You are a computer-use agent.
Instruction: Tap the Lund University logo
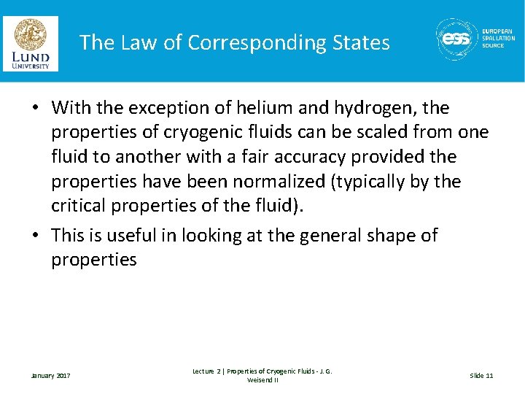tap(31, 43)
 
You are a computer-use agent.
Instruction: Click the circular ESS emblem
tap(457, 39)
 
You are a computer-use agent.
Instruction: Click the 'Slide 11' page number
tap(481, 376)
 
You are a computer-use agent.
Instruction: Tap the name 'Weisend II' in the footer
tap(262, 380)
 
